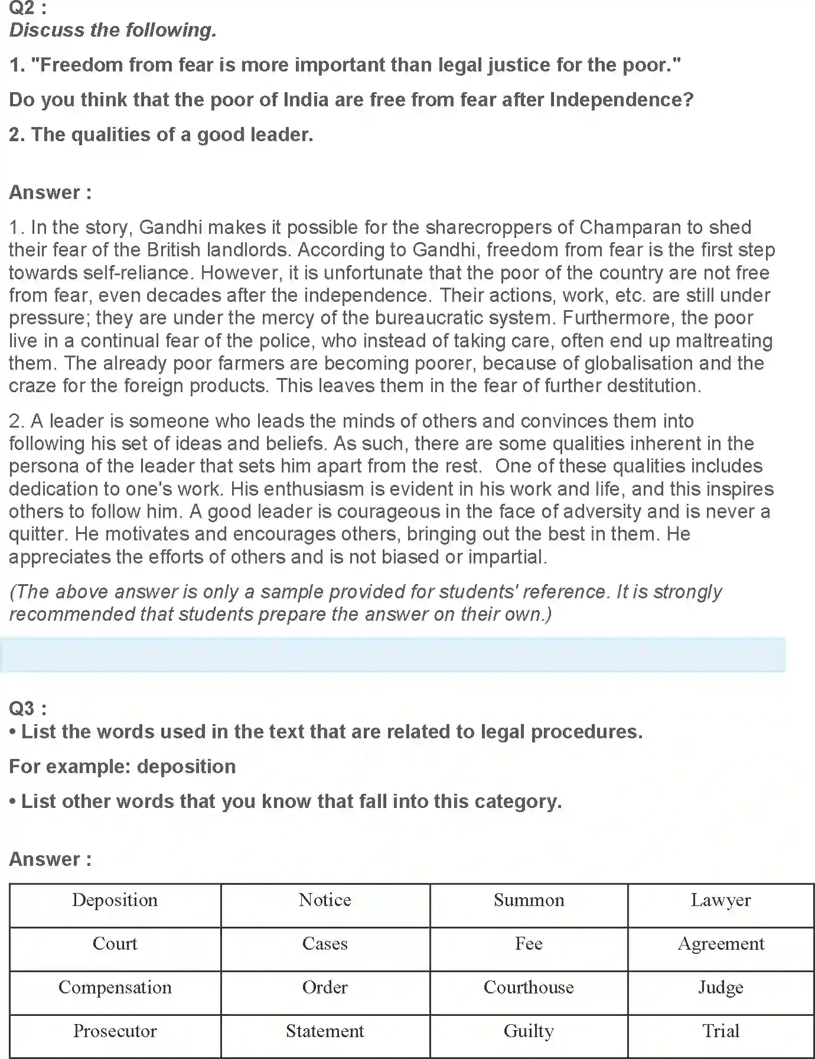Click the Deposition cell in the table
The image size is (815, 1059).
(115, 900)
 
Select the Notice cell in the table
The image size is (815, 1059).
(325, 900)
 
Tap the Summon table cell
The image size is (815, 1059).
(529, 900)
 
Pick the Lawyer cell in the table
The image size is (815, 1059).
(721, 900)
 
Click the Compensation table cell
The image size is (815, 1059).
(115, 988)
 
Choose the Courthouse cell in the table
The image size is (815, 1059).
(529, 988)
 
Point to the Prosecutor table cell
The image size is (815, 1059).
(115, 1031)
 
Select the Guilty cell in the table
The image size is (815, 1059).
(529, 1031)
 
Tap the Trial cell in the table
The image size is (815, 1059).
(721, 1031)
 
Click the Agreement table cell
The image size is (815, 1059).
(721, 944)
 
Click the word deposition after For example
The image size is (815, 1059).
(186, 767)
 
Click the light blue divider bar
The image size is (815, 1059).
(393, 655)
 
